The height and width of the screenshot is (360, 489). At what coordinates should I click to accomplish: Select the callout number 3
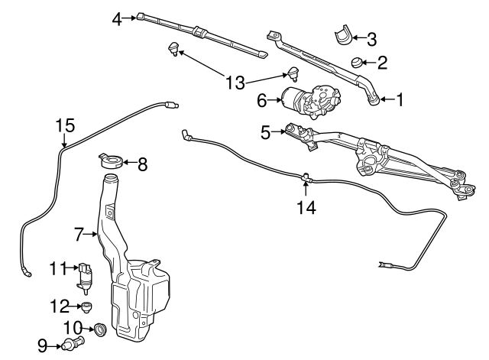(x=371, y=37)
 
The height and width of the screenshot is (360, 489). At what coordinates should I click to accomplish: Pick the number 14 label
(x=305, y=206)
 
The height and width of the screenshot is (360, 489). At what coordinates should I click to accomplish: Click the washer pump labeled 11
(x=87, y=275)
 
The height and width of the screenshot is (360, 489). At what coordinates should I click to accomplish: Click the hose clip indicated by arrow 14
(x=305, y=178)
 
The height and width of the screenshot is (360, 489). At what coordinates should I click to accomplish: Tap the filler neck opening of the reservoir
(x=111, y=180)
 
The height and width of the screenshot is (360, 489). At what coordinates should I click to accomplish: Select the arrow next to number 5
(x=280, y=132)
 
